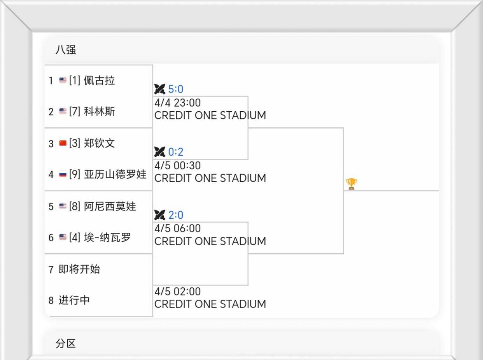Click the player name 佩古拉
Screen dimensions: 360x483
click(99, 81)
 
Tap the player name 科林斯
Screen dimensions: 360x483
click(99, 112)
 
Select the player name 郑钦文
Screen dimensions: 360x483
click(99, 143)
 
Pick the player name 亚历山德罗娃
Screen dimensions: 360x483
click(115, 174)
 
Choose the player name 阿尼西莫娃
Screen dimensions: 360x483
click(110, 206)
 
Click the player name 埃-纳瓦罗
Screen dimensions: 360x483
click(107, 237)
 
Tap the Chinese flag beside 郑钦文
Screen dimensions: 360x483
click(63, 143)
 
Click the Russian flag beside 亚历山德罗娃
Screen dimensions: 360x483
click(63, 174)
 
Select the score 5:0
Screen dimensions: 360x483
click(175, 89)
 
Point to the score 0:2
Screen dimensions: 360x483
click(175, 152)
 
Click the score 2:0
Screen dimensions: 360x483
click(175, 215)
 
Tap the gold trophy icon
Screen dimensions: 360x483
click(351, 184)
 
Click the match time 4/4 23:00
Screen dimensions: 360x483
click(178, 103)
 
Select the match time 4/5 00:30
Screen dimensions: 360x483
click(178, 166)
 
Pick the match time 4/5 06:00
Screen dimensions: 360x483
click(178, 228)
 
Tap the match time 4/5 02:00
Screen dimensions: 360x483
click(178, 292)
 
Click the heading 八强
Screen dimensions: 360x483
click(66, 50)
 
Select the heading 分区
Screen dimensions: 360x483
click(66, 344)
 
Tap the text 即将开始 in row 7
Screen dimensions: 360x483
click(79, 269)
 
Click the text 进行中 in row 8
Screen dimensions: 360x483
click(74, 300)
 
